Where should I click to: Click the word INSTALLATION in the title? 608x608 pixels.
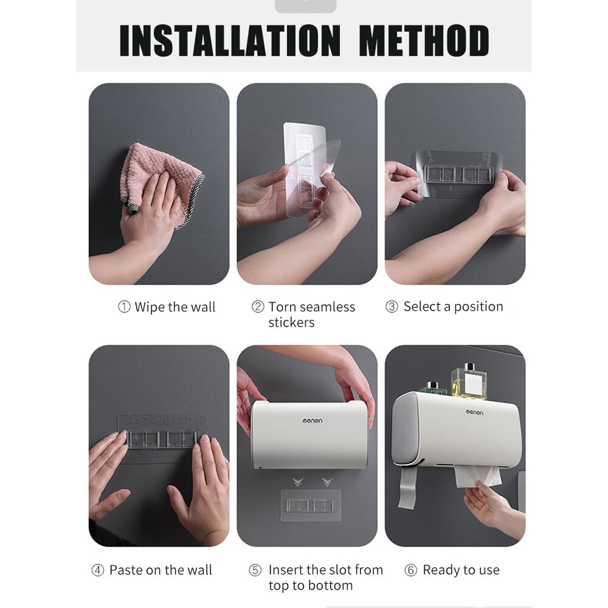coord(230,41)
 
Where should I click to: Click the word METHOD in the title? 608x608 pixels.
coord(424,41)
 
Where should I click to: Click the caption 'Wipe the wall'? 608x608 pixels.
coord(174,307)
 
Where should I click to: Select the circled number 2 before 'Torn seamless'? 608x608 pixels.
coord(258,307)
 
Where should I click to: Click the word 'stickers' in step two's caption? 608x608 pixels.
coord(291,323)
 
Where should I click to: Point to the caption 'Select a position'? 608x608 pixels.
coord(453,307)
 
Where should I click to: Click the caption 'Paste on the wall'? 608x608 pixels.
coord(161,570)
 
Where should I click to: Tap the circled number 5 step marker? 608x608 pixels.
coord(255,570)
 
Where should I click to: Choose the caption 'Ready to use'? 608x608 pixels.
coord(461,570)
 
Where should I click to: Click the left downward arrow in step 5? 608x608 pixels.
coord(297,482)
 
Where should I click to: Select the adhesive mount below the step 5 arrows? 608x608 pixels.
coord(309,505)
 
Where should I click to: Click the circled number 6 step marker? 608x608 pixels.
coord(411,570)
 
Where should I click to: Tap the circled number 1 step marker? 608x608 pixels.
coord(124,307)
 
